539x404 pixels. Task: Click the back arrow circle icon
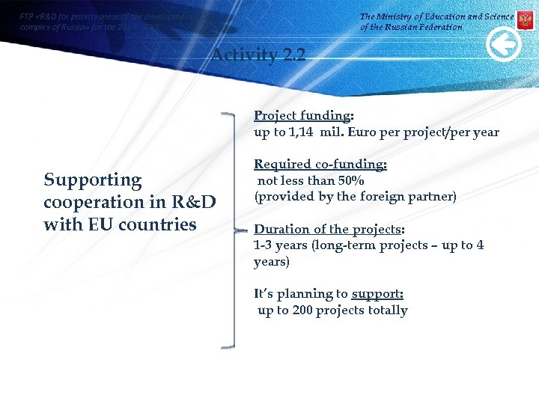(504, 46)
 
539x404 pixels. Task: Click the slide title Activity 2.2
(258, 55)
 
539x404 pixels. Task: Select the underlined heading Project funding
(302, 116)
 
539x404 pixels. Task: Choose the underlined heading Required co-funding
(320, 165)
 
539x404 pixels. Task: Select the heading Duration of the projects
(328, 230)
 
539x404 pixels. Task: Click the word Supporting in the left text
(93, 180)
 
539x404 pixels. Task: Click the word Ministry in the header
(404, 16)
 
